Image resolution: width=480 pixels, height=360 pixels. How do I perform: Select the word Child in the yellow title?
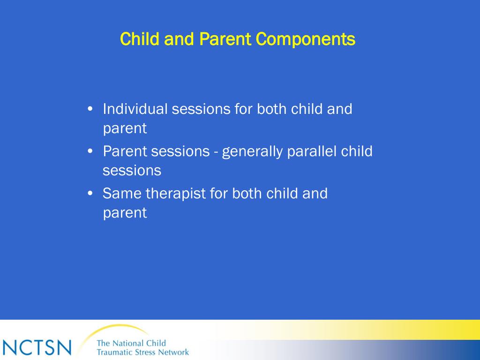click(140, 39)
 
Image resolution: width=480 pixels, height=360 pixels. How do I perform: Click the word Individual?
click(135, 109)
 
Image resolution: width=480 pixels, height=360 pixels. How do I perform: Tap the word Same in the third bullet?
click(122, 194)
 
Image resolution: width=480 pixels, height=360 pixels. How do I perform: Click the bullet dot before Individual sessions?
click(90, 109)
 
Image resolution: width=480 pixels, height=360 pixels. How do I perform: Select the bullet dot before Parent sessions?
click(90, 151)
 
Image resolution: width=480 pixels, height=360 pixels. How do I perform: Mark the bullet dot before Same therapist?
click(90, 194)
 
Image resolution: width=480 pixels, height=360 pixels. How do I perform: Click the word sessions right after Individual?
click(201, 109)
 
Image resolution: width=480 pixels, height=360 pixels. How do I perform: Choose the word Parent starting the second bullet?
click(125, 151)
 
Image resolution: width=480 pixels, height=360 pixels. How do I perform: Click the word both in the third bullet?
click(247, 194)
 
